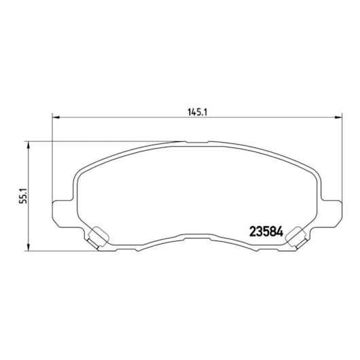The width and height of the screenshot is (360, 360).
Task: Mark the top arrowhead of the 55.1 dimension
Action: click(29, 145)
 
